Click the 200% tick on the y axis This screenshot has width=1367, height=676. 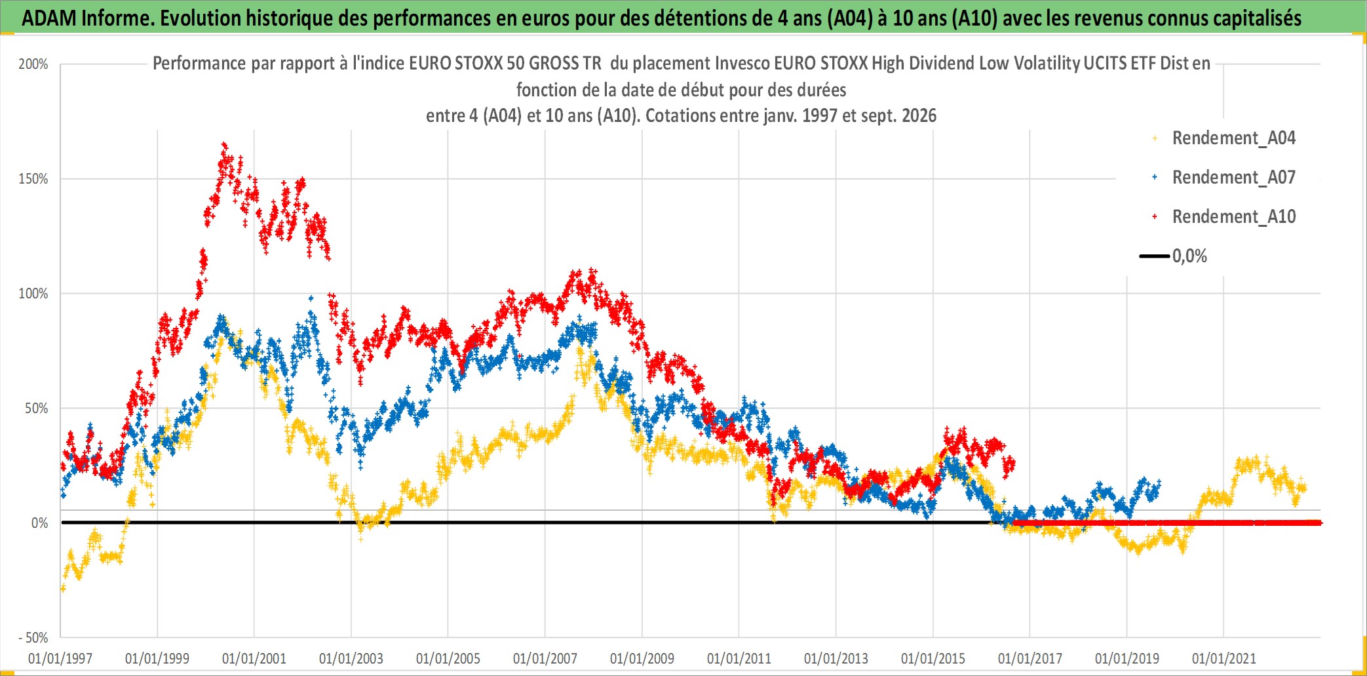click(x=33, y=64)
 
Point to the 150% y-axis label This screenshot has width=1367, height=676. click(x=33, y=179)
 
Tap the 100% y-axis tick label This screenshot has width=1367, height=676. click(x=33, y=294)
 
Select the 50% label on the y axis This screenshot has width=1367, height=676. click(x=37, y=408)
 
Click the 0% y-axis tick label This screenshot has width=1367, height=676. click(x=40, y=523)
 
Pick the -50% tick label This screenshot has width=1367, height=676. click(x=33, y=638)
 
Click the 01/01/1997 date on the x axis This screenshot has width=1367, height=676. click(x=60, y=658)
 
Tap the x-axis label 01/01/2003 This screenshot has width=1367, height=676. click(x=351, y=658)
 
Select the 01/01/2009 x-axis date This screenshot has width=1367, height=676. click(x=642, y=658)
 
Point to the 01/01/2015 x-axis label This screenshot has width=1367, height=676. click(x=933, y=658)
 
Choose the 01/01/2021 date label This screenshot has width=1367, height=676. click(x=1224, y=658)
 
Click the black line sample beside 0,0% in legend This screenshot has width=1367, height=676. click(x=1155, y=256)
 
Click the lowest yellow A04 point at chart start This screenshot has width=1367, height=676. click(x=63, y=589)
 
